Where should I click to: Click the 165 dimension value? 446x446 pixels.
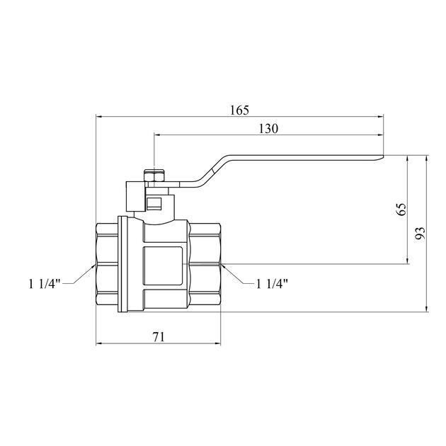click(239, 110)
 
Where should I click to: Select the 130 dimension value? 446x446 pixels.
click(268, 129)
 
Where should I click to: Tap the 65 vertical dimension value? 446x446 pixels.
click(401, 210)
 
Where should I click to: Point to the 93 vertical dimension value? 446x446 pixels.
click(421, 233)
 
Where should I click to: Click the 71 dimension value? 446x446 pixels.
click(159, 337)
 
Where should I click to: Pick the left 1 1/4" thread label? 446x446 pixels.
click(45, 284)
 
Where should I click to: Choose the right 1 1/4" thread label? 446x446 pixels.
click(273, 284)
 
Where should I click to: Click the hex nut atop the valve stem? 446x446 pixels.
click(154, 177)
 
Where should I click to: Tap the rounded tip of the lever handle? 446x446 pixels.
click(382, 157)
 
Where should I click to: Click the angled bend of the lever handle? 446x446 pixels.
click(212, 171)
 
